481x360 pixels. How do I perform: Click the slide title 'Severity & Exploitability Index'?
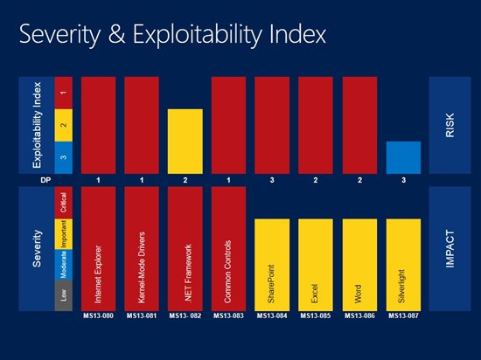click(x=171, y=35)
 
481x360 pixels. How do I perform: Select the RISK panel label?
click(x=450, y=125)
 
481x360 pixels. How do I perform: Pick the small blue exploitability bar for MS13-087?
click(x=403, y=157)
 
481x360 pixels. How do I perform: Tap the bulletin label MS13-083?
click(x=228, y=315)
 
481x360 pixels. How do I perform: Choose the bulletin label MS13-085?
click(x=316, y=315)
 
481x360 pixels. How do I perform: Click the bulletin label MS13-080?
click(x=98, y=315)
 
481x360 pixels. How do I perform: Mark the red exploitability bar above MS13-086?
click(x=359, y=125)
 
